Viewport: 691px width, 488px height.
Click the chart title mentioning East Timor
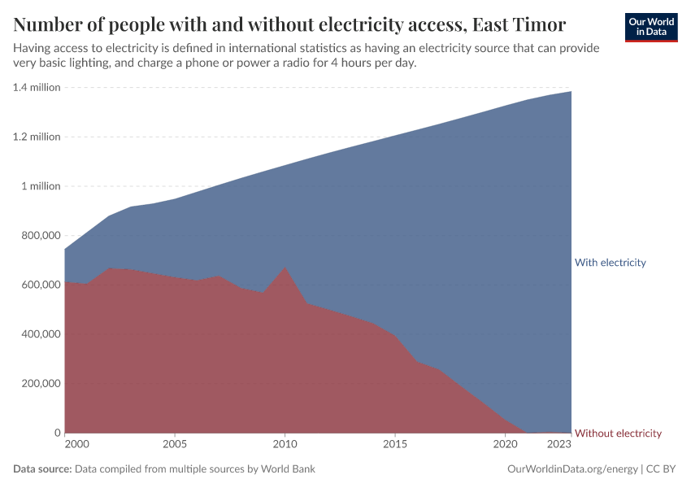(x=289, y=22)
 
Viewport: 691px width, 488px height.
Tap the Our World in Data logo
(x=651, y=27)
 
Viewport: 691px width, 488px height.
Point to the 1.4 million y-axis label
(x=37, y=87)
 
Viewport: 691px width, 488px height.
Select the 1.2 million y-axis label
(x=37, y=137)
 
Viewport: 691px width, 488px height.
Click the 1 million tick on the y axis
(x=41, y=186)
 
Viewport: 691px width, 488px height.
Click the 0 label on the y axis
(x=57, y=433)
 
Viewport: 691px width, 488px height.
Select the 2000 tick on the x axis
(x=76, y=444)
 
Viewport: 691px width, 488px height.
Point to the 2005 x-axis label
(x=175, y=444)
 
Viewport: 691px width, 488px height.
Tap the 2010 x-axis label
(x=285, y=444)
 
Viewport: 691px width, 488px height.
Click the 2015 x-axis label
(x=395, y=444)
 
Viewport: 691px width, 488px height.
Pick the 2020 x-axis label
(x=505, y=444)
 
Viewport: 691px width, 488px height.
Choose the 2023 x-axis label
(x=559, y=444)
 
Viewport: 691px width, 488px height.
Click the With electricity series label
(x=610, y=263)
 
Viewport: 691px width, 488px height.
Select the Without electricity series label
(x=618, y=434)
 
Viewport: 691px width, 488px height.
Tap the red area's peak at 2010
(x=285, y=268)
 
